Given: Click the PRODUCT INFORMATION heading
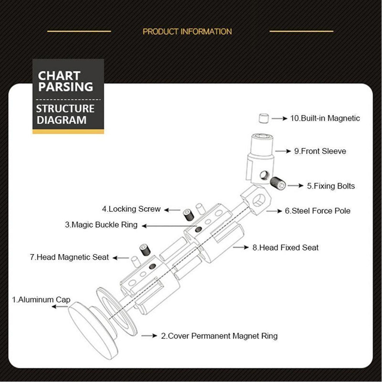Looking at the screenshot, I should coord(187,32).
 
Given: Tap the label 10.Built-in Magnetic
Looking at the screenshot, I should coord(325,118).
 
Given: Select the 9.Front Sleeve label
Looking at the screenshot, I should coord(320,151).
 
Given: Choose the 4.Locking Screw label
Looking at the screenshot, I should coord(131,209).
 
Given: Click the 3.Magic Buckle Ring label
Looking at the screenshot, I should coord(101,224).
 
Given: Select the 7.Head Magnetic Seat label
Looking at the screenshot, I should coord(69,257).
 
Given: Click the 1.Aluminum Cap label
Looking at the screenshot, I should coord(41,299).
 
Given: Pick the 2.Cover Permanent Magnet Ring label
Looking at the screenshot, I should coord(219,336).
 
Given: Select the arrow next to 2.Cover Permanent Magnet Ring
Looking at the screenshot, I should coord(149,336).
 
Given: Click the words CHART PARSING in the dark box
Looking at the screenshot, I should coord(65,81).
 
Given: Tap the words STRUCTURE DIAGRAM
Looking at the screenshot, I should coord(65,114).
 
